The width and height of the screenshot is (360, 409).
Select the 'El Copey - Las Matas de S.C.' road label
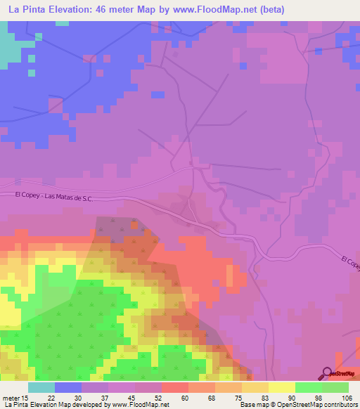[x=53, y=199]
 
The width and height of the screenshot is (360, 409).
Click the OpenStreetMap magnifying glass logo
[x=328, y=373]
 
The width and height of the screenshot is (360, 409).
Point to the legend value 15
[x=25, y=397]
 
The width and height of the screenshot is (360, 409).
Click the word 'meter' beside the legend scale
[x=11, y=397]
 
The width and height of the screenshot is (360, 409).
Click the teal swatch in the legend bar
[x=41, y=387]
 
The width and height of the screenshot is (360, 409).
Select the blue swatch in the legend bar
[x=68, y=387]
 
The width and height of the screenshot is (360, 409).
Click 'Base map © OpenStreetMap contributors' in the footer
[x=298, y=405]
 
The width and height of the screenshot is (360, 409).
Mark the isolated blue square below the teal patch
[x=31, y=72]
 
